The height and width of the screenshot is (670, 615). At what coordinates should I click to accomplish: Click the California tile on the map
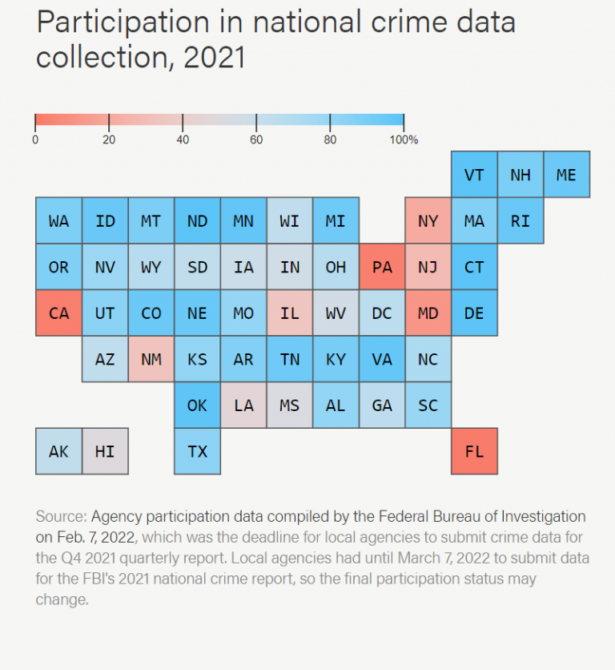(x=58, y=313)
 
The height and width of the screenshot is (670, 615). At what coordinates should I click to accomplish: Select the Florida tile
(x=474, y=451)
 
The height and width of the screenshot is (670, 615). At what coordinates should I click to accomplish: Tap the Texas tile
(x=197, y=451)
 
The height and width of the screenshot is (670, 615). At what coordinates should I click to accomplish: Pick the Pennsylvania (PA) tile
(x=382, y=267)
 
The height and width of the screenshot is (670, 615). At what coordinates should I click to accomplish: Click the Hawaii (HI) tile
(x=105, y=451)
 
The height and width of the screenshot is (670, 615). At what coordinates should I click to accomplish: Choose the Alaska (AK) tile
(x=58, y=451)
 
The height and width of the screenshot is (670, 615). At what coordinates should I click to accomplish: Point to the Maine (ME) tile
(x=566, y=175)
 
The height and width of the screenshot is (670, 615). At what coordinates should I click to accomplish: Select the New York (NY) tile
(x=428, y=221)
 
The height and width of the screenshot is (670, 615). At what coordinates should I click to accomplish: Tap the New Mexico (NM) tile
(x=151, y=359)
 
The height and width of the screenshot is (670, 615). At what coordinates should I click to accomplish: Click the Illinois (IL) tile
(x=290, y=313)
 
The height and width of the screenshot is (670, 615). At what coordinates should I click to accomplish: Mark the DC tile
(x=382, y=313)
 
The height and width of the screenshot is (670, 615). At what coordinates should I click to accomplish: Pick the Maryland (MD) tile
(x=428, y=313)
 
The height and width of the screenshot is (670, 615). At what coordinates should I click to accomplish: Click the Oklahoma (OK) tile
(x=197, y=406)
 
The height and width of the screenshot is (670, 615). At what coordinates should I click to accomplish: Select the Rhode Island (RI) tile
(x=521, y=221)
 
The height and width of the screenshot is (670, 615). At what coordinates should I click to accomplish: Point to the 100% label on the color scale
(x=404, y=139)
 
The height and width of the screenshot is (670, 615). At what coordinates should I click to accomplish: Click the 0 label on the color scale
(x=35, y=139)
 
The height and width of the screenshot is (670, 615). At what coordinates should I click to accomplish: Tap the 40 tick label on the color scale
(x=183, y=139)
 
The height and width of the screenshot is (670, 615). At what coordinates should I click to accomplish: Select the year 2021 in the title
(x=215, y=58)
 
